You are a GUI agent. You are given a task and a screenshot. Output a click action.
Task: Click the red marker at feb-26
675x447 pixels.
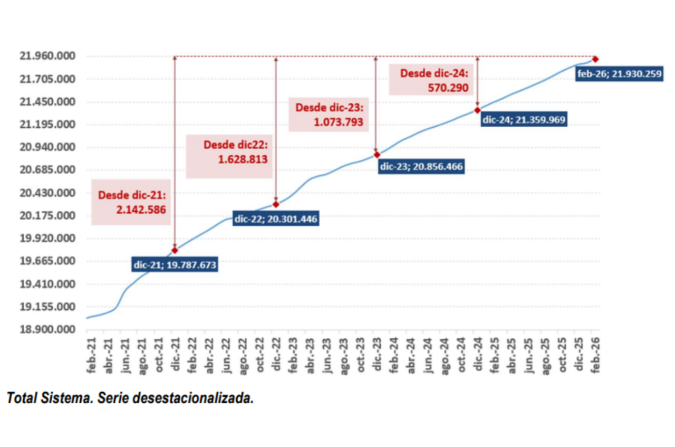click(595, 59)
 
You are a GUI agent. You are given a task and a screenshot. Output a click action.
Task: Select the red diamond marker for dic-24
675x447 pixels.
click(477, 110)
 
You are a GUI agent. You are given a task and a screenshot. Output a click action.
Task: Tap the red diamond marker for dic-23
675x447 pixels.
click(377, 155)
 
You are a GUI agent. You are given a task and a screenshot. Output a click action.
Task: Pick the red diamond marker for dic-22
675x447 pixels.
click(276, 204)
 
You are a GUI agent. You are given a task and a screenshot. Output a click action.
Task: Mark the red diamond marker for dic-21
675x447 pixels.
click(175, 250)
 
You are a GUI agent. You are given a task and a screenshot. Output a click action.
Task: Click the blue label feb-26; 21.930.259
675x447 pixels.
click(619, 74)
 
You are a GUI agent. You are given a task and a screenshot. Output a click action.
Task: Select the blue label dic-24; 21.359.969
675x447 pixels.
click(524, 120)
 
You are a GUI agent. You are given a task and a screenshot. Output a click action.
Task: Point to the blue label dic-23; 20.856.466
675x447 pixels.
click(421, 167)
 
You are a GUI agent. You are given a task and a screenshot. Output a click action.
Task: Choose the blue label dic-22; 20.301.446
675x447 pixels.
click(276, 219)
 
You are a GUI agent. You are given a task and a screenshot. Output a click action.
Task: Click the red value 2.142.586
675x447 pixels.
click(141, 210)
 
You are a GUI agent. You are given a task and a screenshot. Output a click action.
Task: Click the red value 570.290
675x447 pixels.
click(448, 88)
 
